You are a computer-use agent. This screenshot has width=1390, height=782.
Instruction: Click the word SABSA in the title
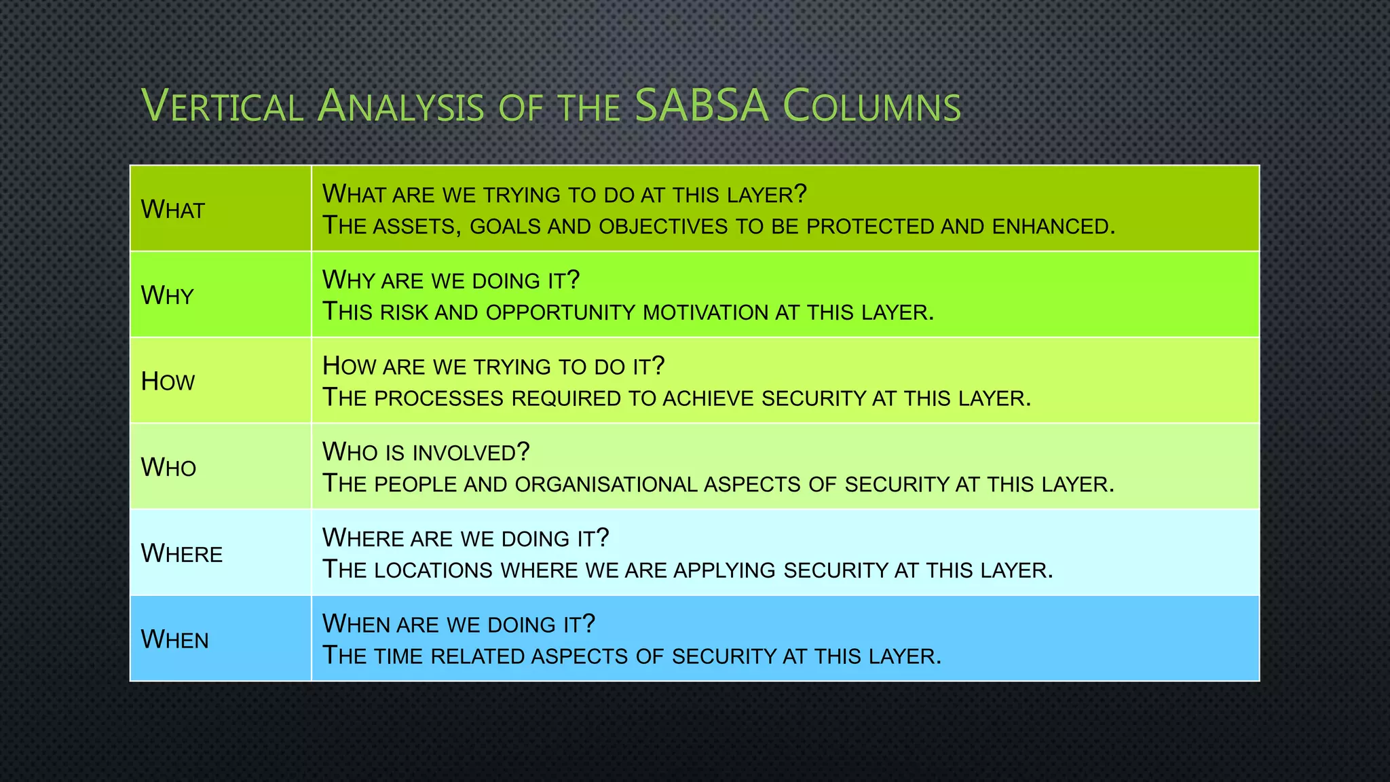click(702, 107)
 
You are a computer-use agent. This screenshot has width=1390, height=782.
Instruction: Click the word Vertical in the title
click(222, 107)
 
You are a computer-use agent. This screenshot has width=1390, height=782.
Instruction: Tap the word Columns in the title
click(872, 107)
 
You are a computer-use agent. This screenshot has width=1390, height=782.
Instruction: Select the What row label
click(172, 210)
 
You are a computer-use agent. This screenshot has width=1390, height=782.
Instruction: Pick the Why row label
click(167, 295)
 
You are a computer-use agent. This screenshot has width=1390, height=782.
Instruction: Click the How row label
click(168, 381)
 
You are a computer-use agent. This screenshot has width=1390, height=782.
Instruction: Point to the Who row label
click(168, 468)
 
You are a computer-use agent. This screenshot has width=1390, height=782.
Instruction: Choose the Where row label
click(181, 554)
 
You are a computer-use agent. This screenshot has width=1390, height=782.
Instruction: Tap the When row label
click(174, 639)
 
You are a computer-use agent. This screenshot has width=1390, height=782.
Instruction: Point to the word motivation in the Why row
click(705, 312)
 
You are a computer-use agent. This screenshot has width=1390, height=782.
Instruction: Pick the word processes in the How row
click(438, 398)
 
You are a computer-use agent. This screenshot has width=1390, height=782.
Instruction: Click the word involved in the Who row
click(471, 453)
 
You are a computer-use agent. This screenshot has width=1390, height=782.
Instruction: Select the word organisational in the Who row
click(606, 484)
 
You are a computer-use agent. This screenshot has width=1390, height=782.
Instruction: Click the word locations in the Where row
click(433, 570)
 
